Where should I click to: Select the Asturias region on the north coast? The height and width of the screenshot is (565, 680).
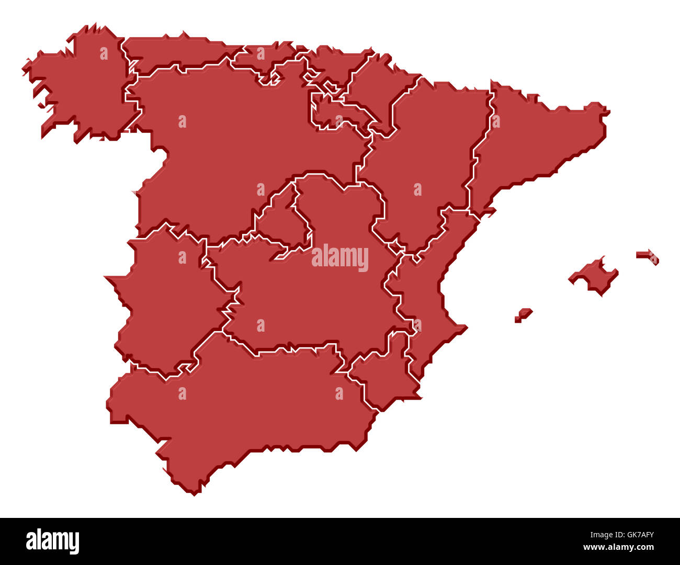[x=173, y=52]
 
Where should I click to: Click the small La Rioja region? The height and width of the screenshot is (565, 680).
[x=335, y=115]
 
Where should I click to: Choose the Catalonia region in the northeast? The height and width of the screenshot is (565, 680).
[x=528, y=141]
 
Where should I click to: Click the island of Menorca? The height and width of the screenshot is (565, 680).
[x=649, y=256]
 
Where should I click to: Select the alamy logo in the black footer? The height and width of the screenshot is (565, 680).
[x=53, y=541]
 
